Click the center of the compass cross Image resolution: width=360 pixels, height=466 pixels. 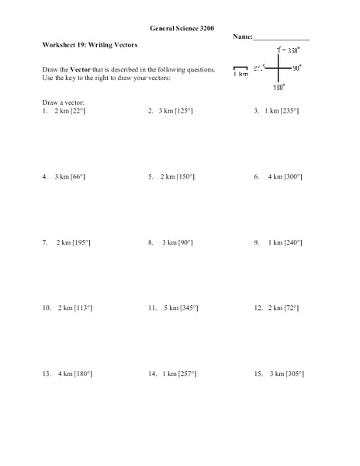point(278,68)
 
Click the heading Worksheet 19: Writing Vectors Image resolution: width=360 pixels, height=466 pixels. point(90,45)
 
